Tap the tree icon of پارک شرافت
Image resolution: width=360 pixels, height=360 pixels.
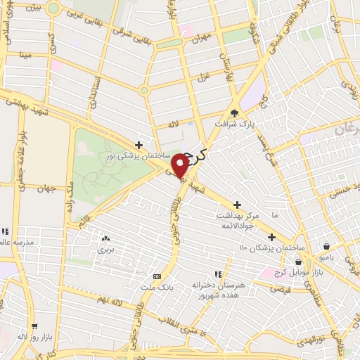(x=235, y=112)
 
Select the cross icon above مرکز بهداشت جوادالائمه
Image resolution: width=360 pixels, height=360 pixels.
(x=238, y=204)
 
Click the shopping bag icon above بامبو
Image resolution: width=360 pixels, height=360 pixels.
(x=327, y=246)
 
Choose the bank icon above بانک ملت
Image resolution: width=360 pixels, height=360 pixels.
(x=156, y=276)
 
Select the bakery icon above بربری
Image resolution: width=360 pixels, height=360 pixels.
(x=105, y=239)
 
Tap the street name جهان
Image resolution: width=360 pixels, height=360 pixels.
(x=47, y=188)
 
